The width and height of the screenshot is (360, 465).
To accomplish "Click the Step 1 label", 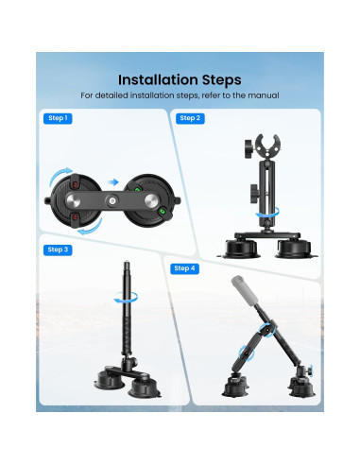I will [58, 118].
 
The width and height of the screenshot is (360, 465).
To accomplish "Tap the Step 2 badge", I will [190, 118].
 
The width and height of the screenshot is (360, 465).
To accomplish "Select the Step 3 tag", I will [58, 250].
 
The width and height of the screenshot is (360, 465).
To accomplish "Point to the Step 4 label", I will [185, 268].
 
